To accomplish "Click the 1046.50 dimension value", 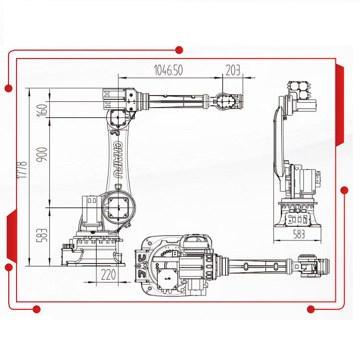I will [x=168, y=70].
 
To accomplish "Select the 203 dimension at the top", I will [x=233, y=70].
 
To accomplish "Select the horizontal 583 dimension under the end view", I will [x=299, y=235].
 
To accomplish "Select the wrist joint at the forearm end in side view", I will [x=225, y=102].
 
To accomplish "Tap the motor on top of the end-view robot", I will [x=298, y=90].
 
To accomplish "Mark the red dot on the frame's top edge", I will [x=180, y=49].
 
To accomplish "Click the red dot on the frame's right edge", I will [x=344, y=190].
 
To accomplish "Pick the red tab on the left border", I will [x=11, y=235].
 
